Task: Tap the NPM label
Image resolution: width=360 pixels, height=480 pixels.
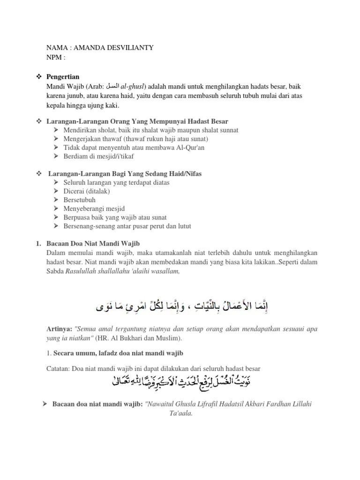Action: pyautogui.click(x=55, y=57)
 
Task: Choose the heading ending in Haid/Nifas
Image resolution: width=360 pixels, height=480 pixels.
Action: pyautogui.click(x=125, y=174)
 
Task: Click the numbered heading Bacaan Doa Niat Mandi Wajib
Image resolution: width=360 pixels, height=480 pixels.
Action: pyautogui.click(x=92, y=243)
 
